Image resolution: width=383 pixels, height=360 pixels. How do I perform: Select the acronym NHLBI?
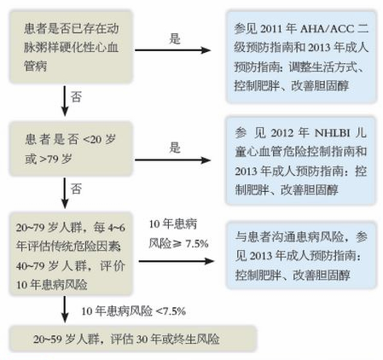pos(332,133)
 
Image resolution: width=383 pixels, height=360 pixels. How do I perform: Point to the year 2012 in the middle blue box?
pos(282,133)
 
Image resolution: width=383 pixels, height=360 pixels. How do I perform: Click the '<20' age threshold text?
pos(92,140)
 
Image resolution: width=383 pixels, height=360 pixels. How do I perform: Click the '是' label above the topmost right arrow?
pos(175,39)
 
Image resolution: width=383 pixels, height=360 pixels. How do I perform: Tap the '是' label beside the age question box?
pos(175,148)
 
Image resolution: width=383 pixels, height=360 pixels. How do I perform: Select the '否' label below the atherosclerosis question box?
pos(76,96)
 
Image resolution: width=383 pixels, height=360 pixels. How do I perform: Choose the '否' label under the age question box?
pos(76,189)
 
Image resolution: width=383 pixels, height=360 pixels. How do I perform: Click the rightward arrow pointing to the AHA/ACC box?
pos(172,50)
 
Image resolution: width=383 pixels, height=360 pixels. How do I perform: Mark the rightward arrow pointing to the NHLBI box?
pos(172,160)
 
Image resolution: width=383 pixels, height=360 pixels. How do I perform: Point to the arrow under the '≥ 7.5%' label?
pos(177,261)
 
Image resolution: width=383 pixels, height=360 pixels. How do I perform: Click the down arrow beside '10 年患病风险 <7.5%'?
pos(65,309)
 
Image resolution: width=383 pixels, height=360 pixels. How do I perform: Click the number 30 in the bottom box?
pos(142,340)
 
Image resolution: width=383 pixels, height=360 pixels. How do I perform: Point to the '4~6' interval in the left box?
pos(116,228)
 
